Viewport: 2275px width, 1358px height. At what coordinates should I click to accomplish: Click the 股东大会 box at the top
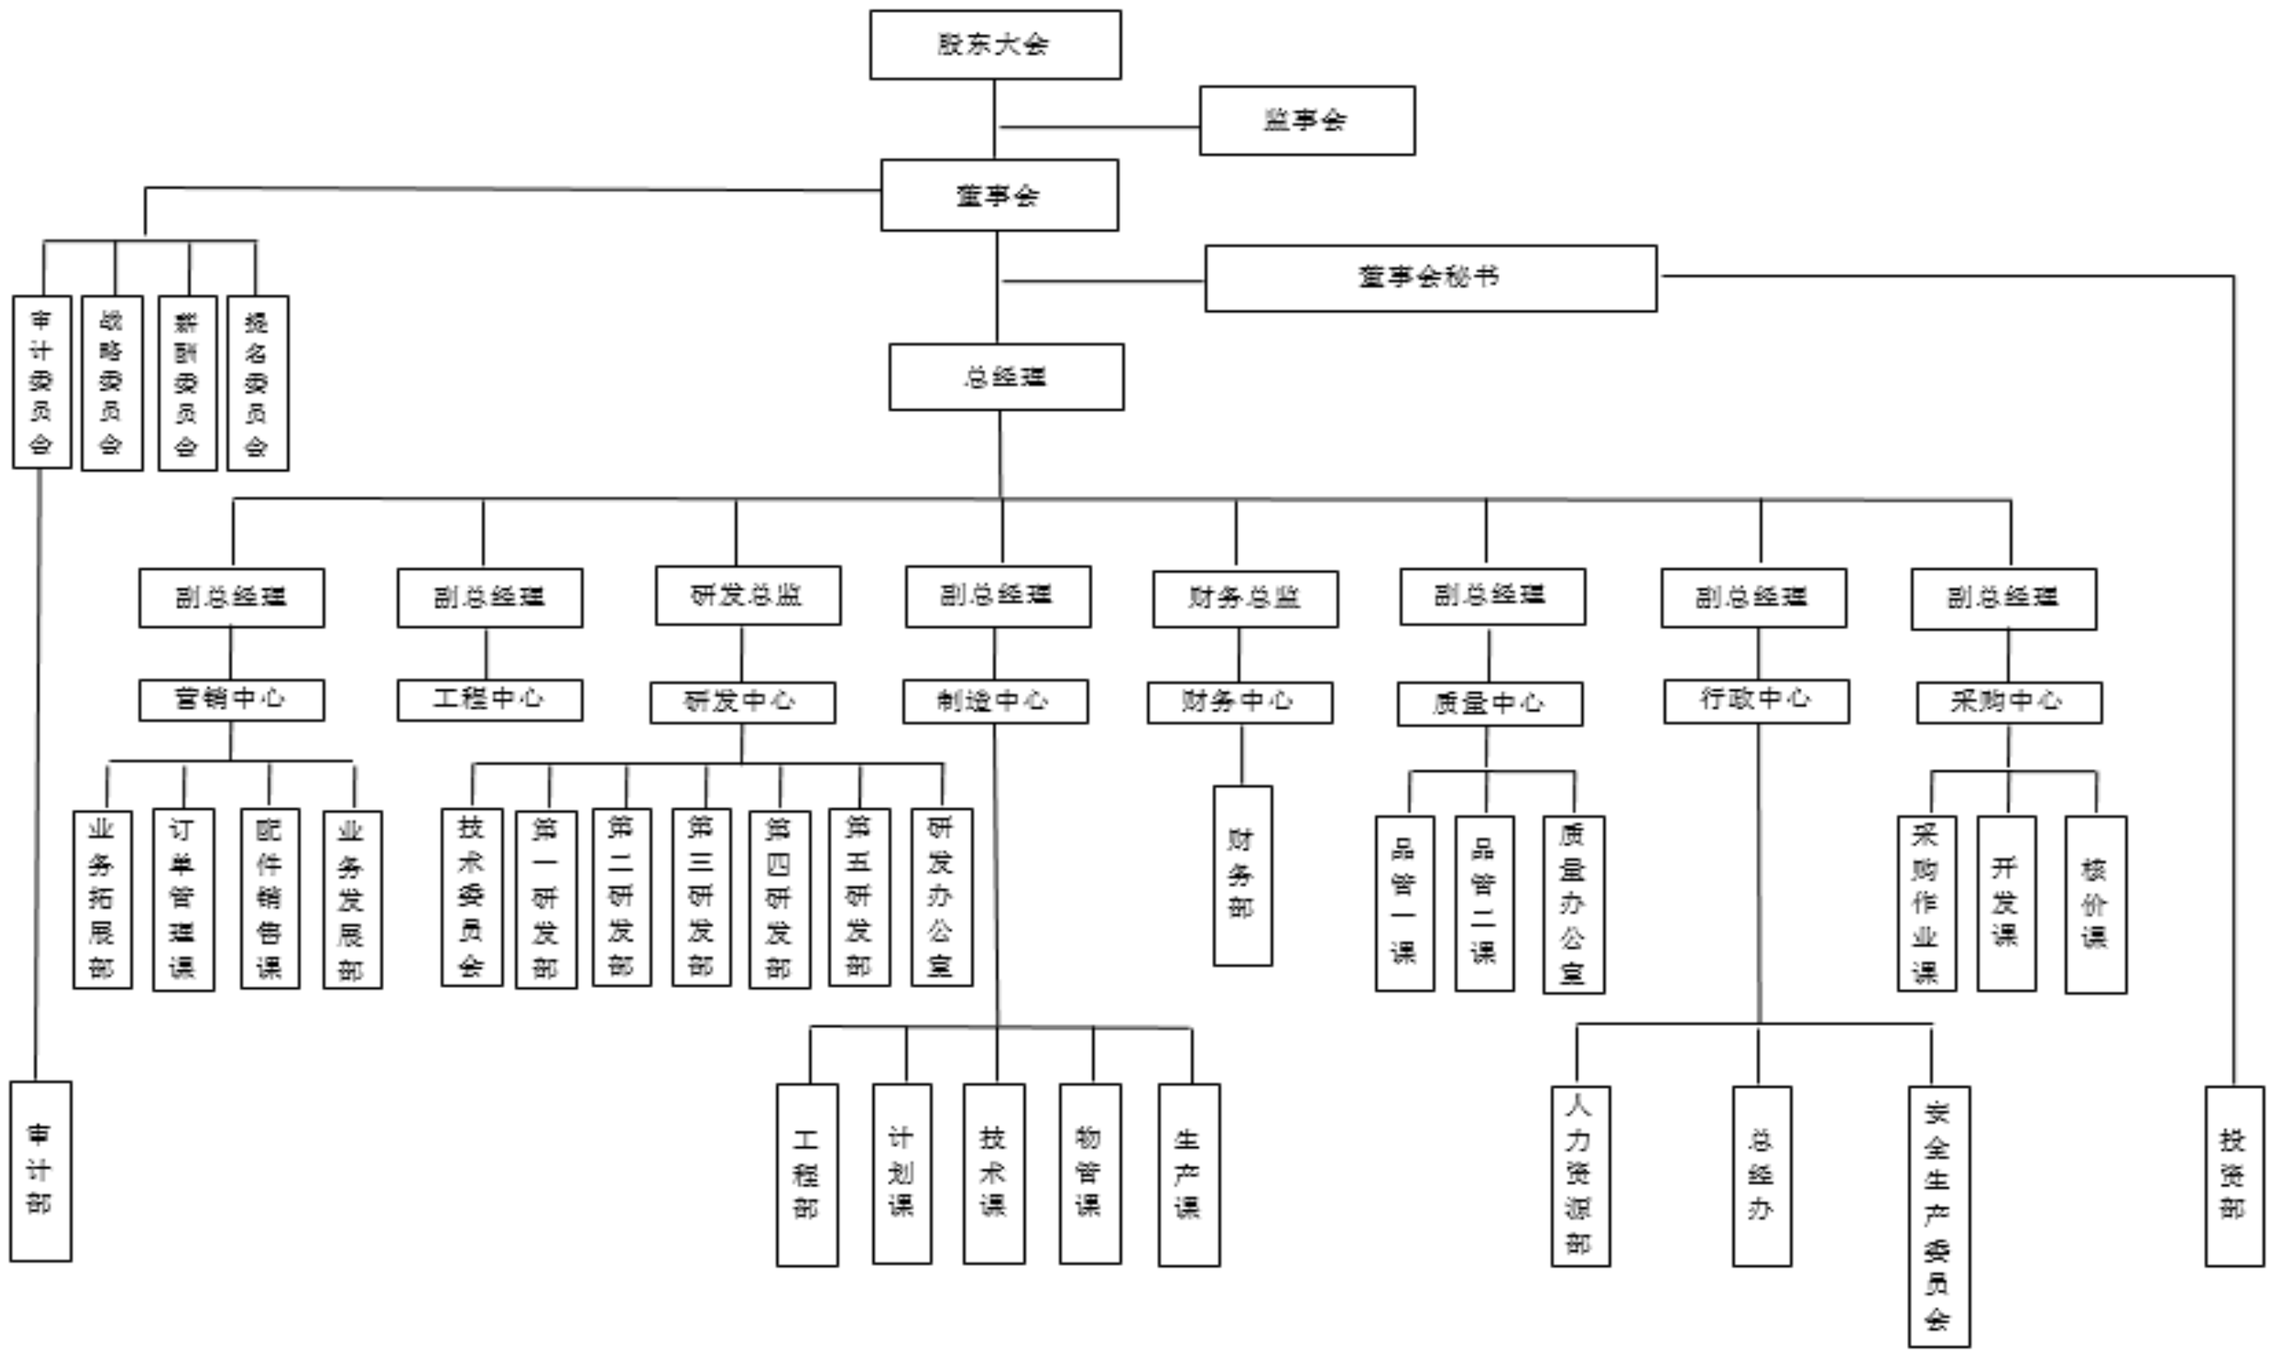pos(995,45)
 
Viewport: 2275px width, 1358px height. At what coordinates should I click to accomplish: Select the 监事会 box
pos(1306,121)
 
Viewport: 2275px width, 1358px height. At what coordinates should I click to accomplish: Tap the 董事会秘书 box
pos(1430,278)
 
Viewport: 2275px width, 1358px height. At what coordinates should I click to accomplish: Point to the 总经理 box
pos(1007,377)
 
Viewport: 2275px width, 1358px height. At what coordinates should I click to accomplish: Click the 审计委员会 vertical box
pos(41,381)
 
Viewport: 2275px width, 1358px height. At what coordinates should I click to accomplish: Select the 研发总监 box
pos(747,595)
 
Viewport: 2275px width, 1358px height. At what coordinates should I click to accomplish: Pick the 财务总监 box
pos(1244,599)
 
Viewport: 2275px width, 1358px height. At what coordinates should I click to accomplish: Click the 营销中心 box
pos(230,700)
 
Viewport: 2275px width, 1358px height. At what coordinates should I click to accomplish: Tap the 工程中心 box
pos(489,700)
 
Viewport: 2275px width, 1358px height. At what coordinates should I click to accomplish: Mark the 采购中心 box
pos(2008,703)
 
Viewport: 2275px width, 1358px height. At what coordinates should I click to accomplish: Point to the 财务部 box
pos(1243,876)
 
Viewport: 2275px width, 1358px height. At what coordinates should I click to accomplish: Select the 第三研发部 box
pos(701,897)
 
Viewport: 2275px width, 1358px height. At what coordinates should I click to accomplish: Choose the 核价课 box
pos(2095,904)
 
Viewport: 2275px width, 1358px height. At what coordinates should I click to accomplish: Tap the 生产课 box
pos(1188,1175)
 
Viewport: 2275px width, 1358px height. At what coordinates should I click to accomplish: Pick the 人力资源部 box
pos(1581,1176)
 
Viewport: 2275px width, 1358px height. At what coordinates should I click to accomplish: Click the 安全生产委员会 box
pos(1938,1216)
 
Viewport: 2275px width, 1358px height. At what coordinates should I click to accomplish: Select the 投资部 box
pos(2234,1176)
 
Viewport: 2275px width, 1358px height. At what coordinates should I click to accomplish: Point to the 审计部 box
pos(40,1171)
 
